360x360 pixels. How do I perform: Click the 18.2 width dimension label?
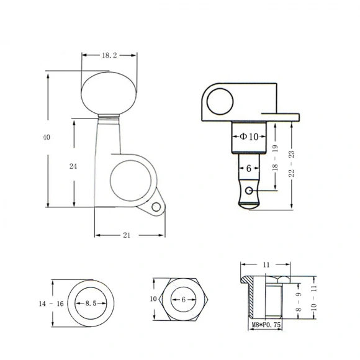[109, 55]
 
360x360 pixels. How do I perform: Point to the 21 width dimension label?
[127, 235]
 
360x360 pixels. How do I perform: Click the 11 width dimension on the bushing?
[266, 265]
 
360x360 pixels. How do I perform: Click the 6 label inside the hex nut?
[184, 299]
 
